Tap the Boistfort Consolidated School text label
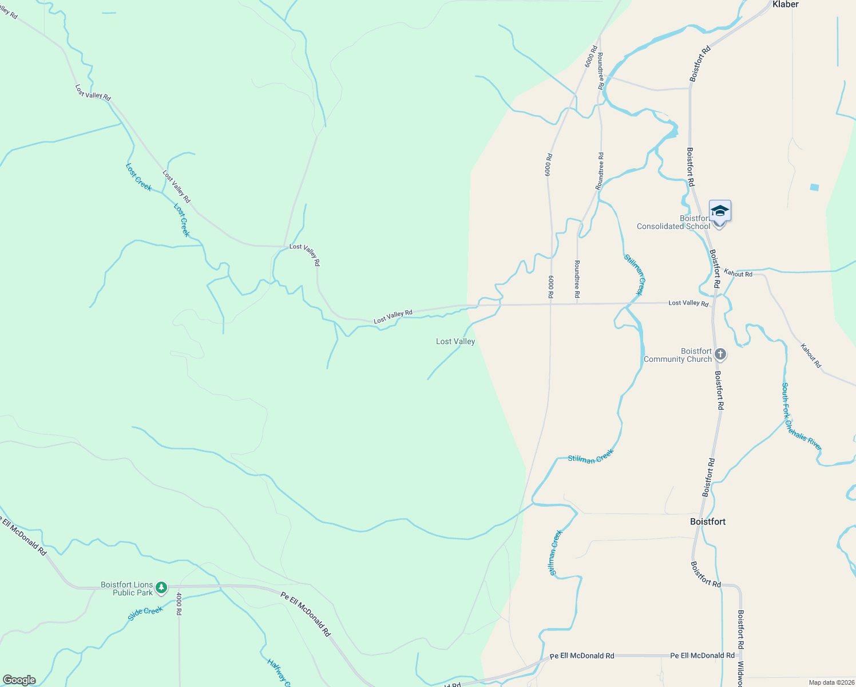pos(673,222)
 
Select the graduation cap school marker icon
pos(720,212)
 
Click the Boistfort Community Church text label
pos(677,355)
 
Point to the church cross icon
pos(720,354)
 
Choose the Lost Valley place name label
pos(455,341)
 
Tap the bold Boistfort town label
pos(708,522)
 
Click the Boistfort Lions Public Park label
pos(126,589)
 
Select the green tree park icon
pos(162,587)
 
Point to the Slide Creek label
pos(145,613)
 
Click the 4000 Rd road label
pos(179,604)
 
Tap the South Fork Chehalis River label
pos(802,416)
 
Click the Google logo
pos(19,680)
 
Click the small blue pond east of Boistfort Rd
pos(814,187)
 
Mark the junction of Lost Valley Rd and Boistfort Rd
pos(712,303)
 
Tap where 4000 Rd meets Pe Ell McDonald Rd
pos(179,586)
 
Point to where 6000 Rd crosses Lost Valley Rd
pos(550,304)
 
